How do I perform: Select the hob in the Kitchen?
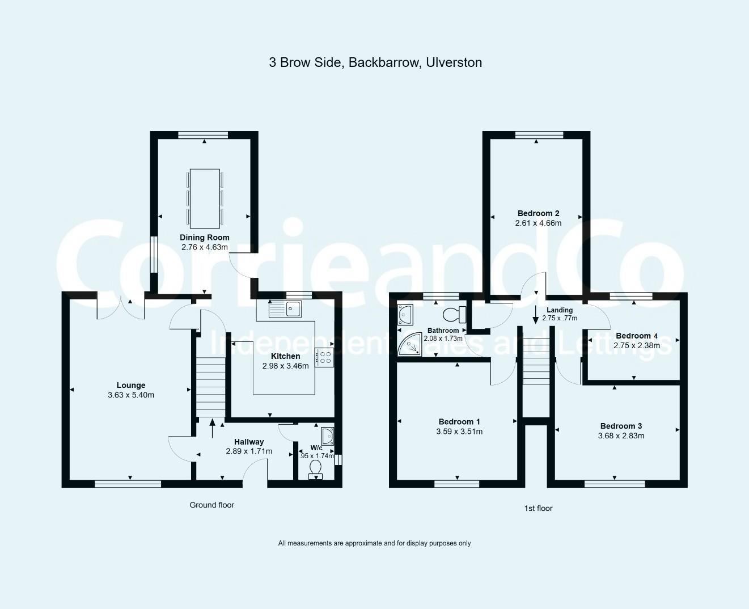[325, 357]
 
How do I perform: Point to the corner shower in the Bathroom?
[409, 346]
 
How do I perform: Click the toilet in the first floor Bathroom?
[455, 314]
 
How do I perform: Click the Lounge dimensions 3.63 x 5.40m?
[131, 395]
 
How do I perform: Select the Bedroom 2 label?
[538, 213]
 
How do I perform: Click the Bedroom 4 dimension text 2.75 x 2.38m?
[636, 345]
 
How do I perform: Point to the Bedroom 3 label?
[621, 426]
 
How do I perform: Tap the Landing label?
[559, 310]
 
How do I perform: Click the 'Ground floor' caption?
[211, 505]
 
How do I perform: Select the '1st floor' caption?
[538, 508]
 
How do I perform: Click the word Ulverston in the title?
[453, 62]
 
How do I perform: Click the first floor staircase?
[536, 361]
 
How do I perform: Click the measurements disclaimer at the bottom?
[374, 543]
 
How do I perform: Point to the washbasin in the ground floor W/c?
[327, 435]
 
